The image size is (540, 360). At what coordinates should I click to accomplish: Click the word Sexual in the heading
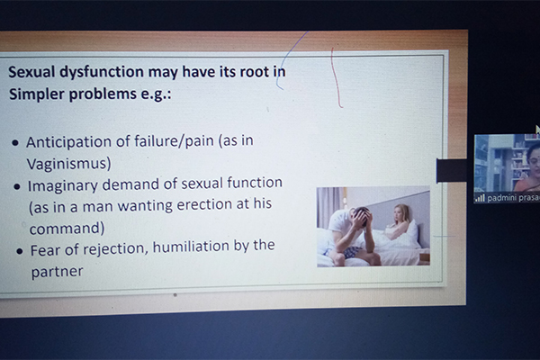coord(31,72)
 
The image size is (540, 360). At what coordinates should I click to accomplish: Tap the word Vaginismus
coord(69,163)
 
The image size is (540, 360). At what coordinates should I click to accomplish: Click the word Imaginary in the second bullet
coord(63,186)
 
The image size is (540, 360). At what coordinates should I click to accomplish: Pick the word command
coord(67,228)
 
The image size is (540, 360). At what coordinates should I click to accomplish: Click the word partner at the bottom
coord(58,272)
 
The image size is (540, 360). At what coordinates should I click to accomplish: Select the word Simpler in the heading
coord(37,94)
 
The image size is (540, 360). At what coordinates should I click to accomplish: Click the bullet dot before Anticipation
coord(15,142)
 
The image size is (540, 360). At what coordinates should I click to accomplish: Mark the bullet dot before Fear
coord(20,251)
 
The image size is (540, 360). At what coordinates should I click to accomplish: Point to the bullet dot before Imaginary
coord(17,186)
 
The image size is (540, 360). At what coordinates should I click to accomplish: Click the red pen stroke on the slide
coord(336,77)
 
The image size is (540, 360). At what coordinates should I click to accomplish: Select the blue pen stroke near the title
coord(288,59)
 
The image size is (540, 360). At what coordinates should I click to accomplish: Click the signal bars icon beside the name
coord(480,198)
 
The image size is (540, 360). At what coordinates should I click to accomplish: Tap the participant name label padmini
coord(499,198)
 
